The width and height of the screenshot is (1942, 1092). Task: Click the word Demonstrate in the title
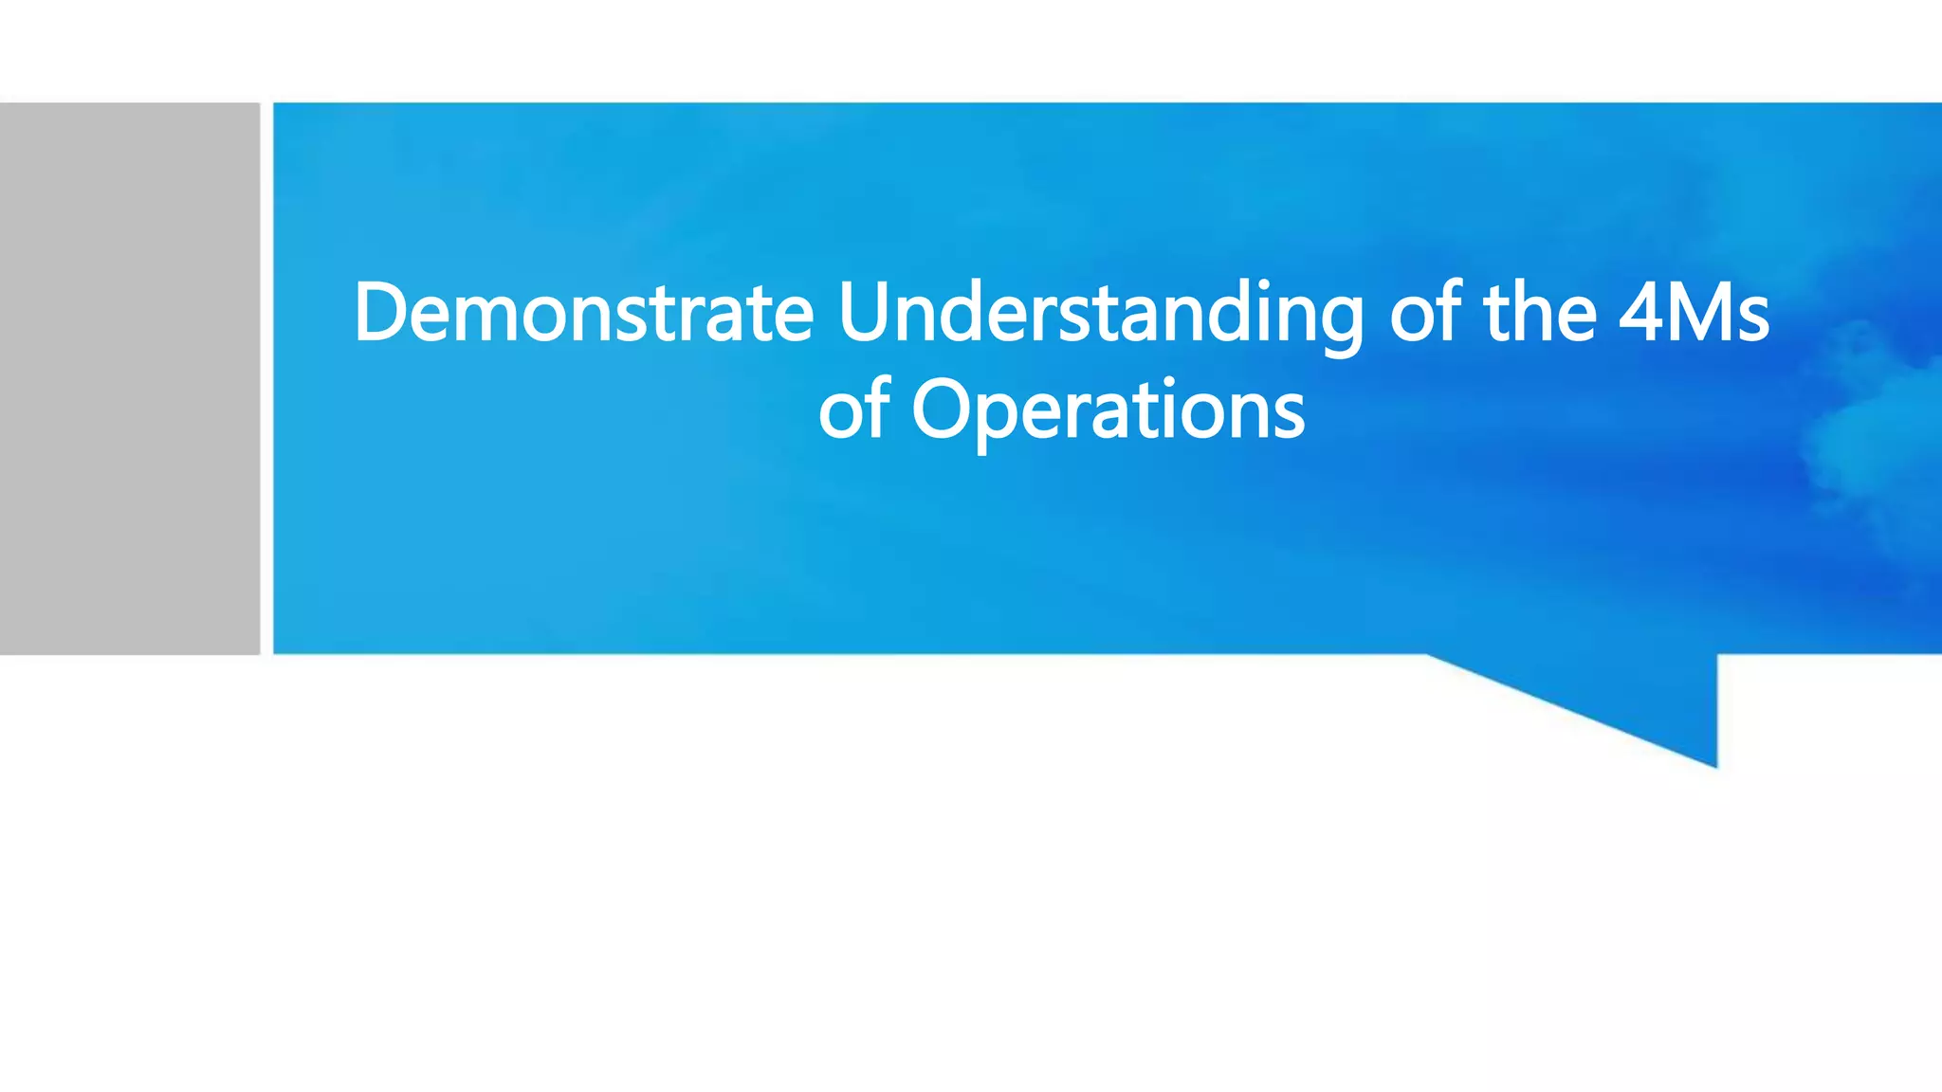583,313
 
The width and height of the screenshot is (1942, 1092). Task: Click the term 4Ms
1694,313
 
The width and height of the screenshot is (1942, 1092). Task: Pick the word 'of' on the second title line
853,409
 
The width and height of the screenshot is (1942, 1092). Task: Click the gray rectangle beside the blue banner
129,378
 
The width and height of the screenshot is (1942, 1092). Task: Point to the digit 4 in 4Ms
1640,313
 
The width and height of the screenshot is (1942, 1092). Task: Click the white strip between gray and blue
266,378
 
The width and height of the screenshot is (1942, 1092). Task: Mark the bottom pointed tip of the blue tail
1714,764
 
